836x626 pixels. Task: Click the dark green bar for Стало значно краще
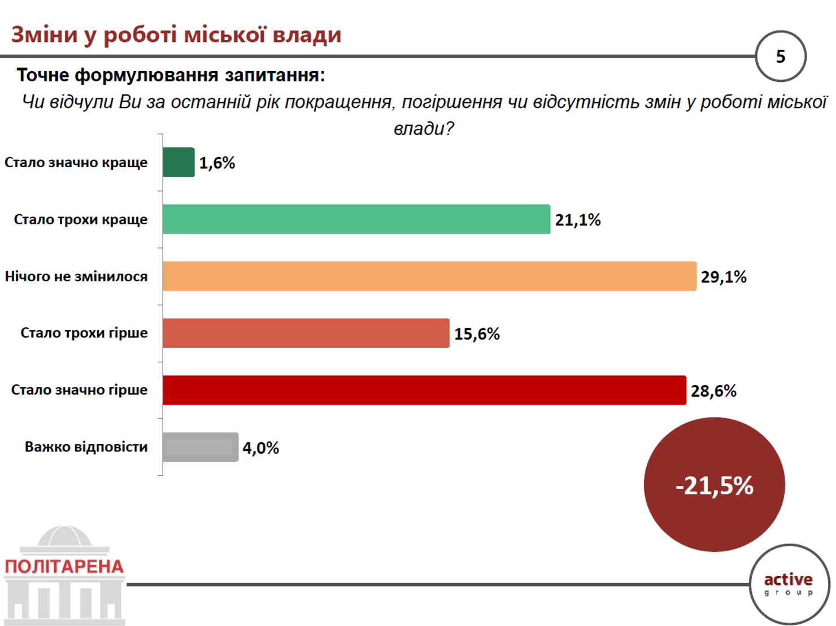pyautogui.click(x=178, y=162)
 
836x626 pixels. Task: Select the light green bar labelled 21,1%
pyautogui.click(x=356, y=219)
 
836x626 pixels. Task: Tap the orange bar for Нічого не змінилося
pyautogui.click(x=430, y=276)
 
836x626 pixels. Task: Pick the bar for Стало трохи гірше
pyautogui.click(x=306, y=333)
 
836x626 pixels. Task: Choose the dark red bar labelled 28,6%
pyautogui.click(x=425, y=390)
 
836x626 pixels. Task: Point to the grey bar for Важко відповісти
pyautogui.click(x=201, y=447)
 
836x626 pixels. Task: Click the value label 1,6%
pyautogui.click(x=217, y=163)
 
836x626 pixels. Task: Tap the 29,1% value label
pyautogui.click(x=724, y=277)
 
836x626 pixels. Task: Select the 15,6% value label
pyautogui.click(x=477, y=334)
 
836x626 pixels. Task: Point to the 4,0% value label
pyautogui.click(x=261, y=448)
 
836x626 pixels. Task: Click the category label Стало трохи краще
pyautogui.click(x=81, y=220)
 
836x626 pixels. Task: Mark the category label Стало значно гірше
pyautogui.click(x=79, y=390)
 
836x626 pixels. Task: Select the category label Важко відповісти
pyautogui.click(x=86, y=447)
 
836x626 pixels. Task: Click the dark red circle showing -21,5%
pyautogui.click(x=715, y=484)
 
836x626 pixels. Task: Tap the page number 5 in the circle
pyautogui.click(x=781, y=56)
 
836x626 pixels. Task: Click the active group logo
pyautogui.click(x=789, y=585)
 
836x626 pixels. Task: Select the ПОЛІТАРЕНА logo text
pyautogui.click(x=64, y=567)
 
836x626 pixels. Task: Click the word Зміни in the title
pyautogui.click(x=45, y=34)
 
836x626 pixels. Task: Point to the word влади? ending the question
pyautogui.click(x=424, y=128)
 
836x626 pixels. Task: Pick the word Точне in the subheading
pyautogui.click(x=43, y=75)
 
